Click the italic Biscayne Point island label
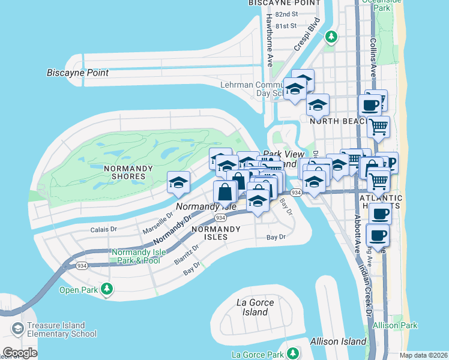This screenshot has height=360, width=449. (x=77, y=73)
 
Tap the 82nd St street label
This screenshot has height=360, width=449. (x=286, y=14)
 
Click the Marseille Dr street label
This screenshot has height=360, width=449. (x=157, y=223)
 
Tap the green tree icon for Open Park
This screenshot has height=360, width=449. (x=107, y=290)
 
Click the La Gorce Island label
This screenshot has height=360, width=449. (x=255, y=307)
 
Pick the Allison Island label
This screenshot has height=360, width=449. (x=338, y=341)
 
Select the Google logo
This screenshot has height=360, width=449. (x=19, y=353)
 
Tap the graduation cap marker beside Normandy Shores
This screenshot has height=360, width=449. (x=178, y=182)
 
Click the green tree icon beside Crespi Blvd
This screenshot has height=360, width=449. (x=331, y=37)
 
